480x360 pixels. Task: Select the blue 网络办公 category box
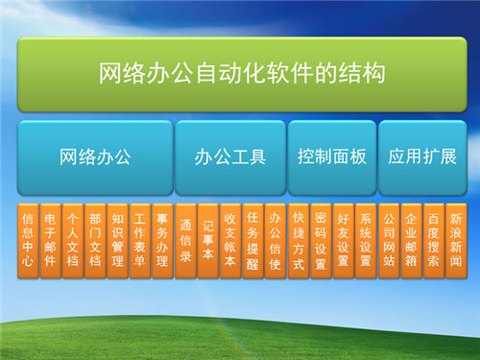tap(94, 156)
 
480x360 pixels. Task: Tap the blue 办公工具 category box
tap(230, 156)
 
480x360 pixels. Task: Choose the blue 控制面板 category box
tap(332, 156)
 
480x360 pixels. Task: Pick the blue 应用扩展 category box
tap(422, 156)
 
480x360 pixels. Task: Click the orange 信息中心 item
tap(28, 239)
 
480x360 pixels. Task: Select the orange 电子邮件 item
tap(50, 239)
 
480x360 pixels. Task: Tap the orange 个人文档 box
tap(72, 239)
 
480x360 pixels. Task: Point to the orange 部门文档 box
tap(94, 239)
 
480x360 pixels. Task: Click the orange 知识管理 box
tap(116, 239)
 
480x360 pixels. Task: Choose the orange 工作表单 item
tap(139, 239)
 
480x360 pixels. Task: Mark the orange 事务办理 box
tap(161, 239)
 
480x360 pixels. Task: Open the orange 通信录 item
tap(186, 239)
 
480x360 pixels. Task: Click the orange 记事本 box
tap(208, 239)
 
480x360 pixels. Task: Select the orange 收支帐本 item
tap(230, 239)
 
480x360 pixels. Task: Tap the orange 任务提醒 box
tap(252, 239)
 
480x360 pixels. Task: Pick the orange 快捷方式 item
tap(299, 239)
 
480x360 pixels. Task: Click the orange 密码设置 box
tap(321, 239)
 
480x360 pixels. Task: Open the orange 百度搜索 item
tap(434, 239)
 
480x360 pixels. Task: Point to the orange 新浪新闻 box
tap(457, 239)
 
